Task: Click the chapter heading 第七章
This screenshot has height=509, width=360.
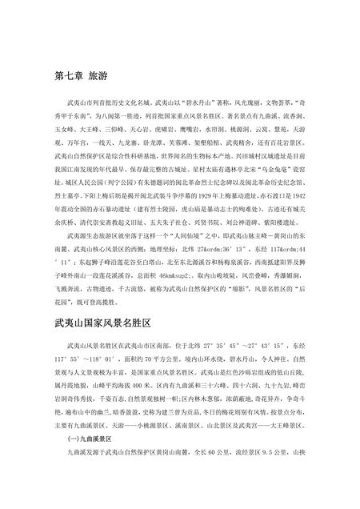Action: pyautogui.click(x=65, y=78)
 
